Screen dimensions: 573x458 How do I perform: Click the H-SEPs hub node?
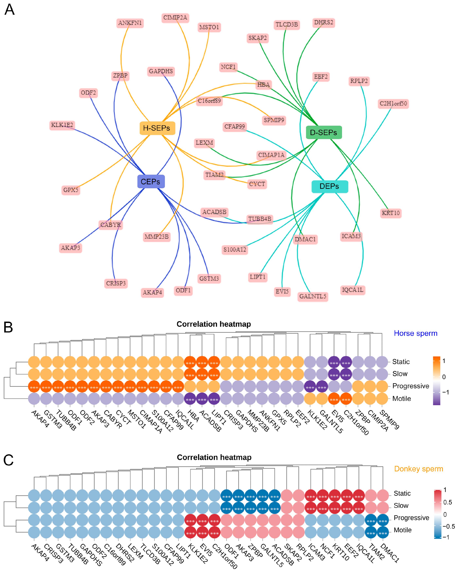coord(157,128)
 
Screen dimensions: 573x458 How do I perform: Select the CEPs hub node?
coord(151,182)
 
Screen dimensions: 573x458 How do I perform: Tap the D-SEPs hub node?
coord(324,132)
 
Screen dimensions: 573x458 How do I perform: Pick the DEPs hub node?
coord(330,186)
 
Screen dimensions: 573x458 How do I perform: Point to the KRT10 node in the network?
coord(390,213)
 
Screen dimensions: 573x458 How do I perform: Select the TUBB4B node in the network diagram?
coord(260,219)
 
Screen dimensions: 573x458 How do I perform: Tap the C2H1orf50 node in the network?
coord(393,103)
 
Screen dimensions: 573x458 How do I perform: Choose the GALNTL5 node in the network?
coord(313,296)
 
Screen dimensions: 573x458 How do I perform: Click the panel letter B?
coord(8,327)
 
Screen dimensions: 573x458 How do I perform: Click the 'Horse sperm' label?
coord(415,333)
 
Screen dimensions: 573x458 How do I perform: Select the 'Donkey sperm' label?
coord(418,469)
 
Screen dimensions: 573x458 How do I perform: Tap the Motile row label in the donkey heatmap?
coord(402,530)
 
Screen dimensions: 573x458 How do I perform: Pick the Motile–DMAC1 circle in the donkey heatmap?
coord(383,532)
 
